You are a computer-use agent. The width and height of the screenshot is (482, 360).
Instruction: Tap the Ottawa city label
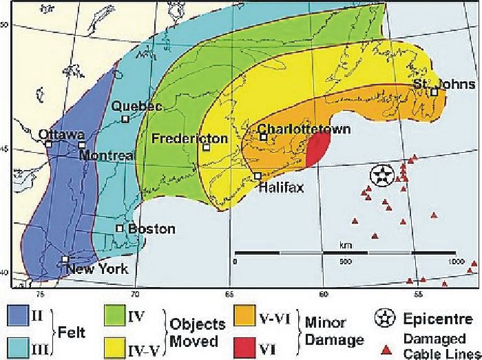(62, 134)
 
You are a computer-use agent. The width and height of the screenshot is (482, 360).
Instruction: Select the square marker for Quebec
(125, 119)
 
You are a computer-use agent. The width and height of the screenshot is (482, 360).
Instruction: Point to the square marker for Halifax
(258, 176)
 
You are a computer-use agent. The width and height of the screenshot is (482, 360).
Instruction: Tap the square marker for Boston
(119, 228)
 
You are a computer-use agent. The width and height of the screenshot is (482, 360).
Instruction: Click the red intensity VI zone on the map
(316, 149)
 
